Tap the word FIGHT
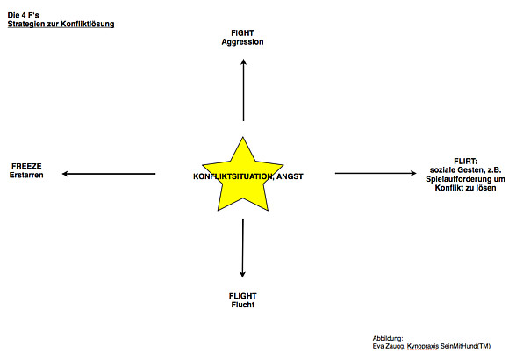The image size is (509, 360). point(242,33)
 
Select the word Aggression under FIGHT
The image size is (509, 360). point(242,42)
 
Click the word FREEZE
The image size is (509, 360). point(26,166)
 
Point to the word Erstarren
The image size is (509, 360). point(26,175)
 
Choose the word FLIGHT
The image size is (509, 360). point(243,296)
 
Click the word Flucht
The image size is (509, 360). point(243,305)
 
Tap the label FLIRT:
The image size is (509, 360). point(465,162)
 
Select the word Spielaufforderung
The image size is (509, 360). point(462,179)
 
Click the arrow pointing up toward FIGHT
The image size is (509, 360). point(243,90)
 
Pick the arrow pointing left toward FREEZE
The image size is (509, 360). point(109,174)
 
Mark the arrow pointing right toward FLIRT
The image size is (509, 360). point(376,173)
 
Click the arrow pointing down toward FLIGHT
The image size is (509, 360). point(242,248)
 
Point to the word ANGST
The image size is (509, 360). point(290,176)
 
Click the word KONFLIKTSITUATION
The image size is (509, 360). point(233,176)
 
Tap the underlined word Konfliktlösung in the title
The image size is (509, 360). point(88,24)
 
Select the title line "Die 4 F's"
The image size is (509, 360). point(24,15)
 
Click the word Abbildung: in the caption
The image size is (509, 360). point(388,338)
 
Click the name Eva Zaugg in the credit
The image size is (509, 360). point(389,346)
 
